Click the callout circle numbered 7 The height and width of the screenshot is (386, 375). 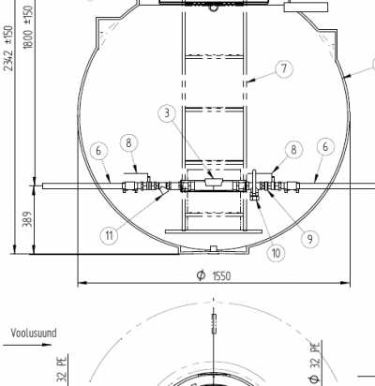coord(284,69)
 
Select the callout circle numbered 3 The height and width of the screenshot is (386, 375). coord(167,113)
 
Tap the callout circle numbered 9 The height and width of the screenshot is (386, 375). coord(309,239)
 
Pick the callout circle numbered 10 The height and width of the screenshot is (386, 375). coord(276,253)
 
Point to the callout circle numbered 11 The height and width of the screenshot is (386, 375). coord(109,235)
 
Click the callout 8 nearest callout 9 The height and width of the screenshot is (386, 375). coord(293,150)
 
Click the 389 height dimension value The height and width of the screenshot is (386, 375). coord(28,219)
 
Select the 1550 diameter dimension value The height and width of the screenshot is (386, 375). coord(221,276)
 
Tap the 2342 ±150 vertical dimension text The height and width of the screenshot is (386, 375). coord(8,49)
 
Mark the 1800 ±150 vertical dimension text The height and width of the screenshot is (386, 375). coord(28,27)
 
